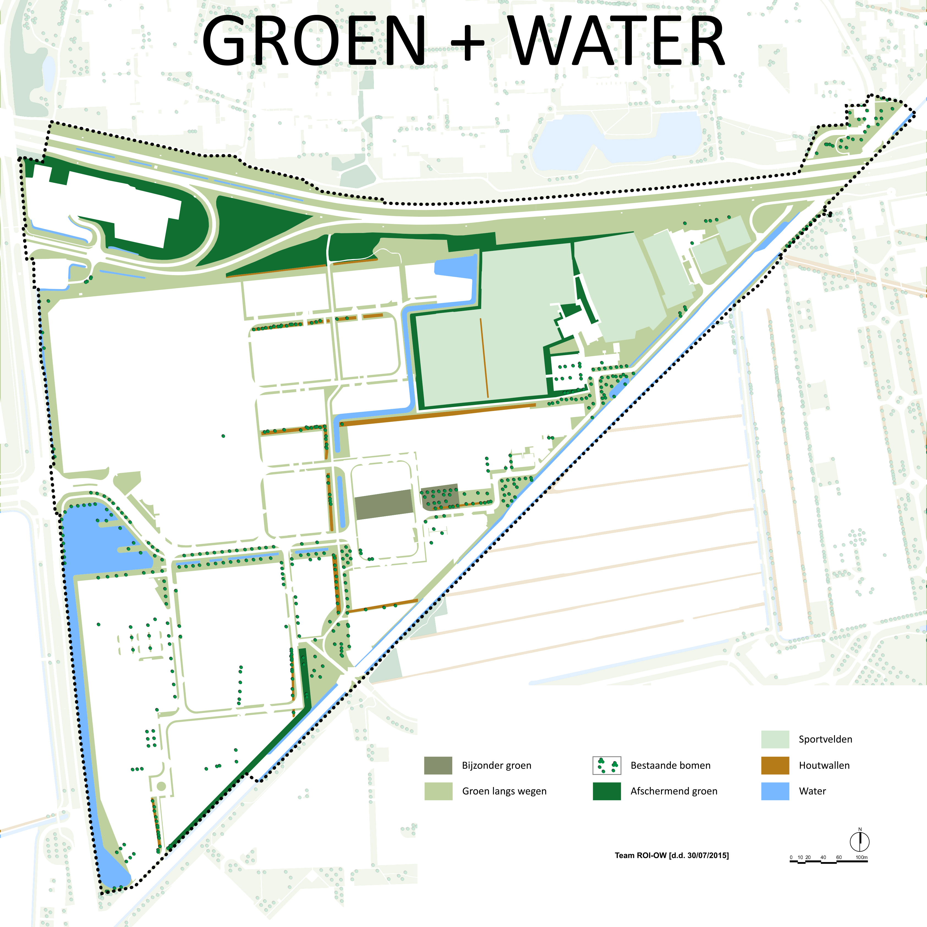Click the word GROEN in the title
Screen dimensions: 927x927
314,41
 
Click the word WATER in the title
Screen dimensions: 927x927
616,41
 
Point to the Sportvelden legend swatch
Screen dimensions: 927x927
775,739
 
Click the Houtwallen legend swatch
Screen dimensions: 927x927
775,765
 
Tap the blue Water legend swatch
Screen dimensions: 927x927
775,791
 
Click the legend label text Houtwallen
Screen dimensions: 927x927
824,765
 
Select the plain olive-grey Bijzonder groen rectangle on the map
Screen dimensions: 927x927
384,505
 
